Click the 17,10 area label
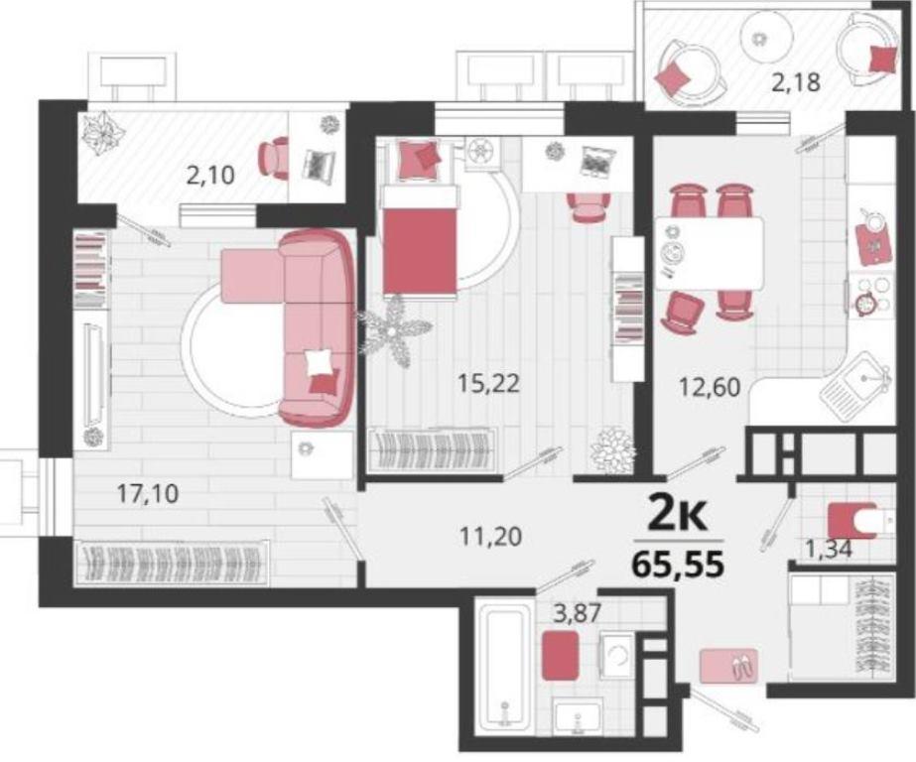click(148, 494)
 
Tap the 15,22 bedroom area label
click(489, 384)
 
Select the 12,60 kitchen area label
click(710, 387)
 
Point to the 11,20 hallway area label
click(490, 536)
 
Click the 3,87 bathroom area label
click(578, 614)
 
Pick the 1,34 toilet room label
click(829, 549)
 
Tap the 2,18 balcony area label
click(796, 83)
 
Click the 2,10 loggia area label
click(210, 175)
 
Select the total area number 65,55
click(678, 565)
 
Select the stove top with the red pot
click(870, 296)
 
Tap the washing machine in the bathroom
click(617, 656)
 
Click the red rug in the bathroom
click(561, 655)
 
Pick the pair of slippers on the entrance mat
click(742, 666)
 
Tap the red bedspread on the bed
click(420, 252)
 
